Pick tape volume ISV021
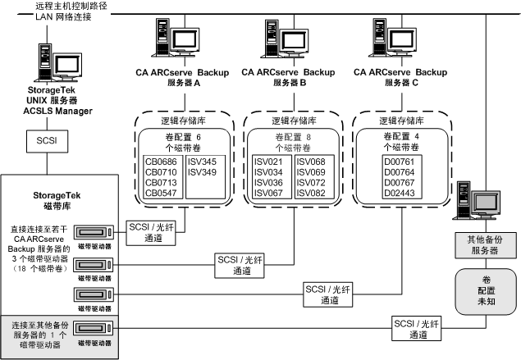pyautogui.click(x=268, y=161)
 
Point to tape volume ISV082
pyautogui.click(x=308, y=193)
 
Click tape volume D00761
pyautogui.click(x=399, y=161)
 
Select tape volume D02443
pyautogui.click(x=399, y=193)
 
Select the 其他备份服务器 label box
pyautogui.click(x=482, y=245)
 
